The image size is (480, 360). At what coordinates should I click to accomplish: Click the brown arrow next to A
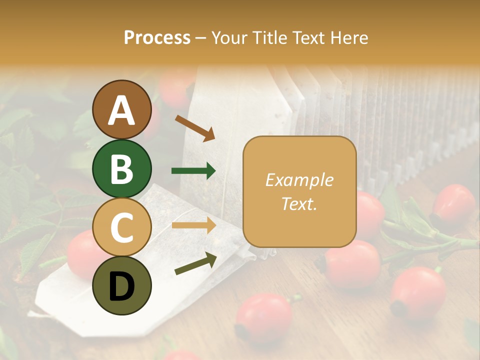[x=194, y=128]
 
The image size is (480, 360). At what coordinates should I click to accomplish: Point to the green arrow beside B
[x=193, y=171]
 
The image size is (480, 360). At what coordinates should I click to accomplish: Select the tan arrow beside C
[x=193, y=225]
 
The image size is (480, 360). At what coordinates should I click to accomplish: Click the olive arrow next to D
[x=195, y=263]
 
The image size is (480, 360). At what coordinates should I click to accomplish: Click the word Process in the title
[x=157, y=37]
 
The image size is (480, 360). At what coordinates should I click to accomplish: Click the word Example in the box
[x=299, y=180]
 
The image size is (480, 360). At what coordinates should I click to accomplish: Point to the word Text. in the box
[x=299, y=203]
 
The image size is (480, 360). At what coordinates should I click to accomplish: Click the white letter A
[x=122, y=110]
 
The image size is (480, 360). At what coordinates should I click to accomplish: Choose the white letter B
[x=121, y=169]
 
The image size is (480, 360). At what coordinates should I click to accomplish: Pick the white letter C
[x=121, y=227]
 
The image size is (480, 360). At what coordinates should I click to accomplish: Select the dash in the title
[x=201, y=38]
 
